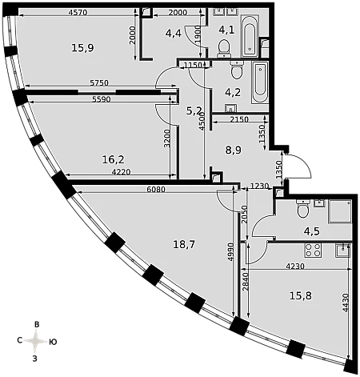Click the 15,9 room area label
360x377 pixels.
[82, 48]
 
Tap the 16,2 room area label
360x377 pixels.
[113, 159]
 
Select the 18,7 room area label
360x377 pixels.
[184, 244]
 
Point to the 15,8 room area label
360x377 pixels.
[301, 295]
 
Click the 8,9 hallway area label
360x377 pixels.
[234, 150]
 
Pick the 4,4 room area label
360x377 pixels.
[174, 34]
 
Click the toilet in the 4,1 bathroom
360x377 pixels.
[223, 49]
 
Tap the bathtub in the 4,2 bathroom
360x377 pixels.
[260, 82]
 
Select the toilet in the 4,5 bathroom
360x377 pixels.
[302, 208]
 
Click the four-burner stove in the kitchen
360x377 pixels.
[313, 250]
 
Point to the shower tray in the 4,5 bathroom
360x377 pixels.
[340, 211]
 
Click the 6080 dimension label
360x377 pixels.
[156, 190]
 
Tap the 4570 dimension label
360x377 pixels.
[78, 12]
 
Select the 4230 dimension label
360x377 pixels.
[295, 266]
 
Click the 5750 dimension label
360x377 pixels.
[99, 83]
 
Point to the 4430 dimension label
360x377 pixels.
[346, 303]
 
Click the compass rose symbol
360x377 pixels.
[35, 341]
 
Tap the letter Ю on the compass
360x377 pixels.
[53, 342]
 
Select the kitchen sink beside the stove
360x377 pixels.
[342, 251]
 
